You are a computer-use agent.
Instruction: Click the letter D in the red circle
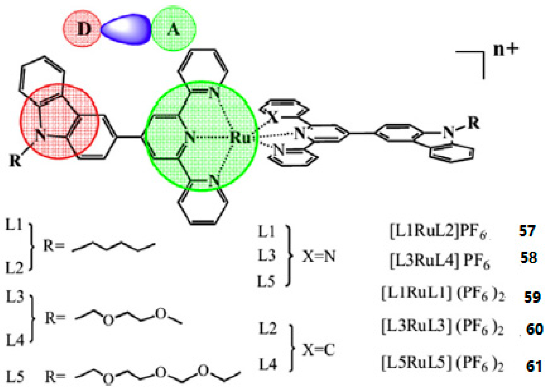point(84,29)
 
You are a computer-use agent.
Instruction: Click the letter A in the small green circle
point(173,29)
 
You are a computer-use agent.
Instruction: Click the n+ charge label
point(506,49)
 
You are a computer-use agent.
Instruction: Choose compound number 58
point(528,257)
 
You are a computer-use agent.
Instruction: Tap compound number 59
point(532,297)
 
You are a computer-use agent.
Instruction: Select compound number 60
point(534,329)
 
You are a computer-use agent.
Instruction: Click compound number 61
point(534,366)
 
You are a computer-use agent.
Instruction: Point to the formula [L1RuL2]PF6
point(438,231)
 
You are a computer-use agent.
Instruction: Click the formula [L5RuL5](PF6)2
point(442,364)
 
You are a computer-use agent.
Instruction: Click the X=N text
point(319,256)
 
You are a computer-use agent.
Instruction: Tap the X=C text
point(319,350)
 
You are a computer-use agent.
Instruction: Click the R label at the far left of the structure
point(15,160)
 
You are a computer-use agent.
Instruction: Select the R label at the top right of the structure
point(473,123)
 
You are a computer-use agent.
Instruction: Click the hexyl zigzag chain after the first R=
point(113,247)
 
